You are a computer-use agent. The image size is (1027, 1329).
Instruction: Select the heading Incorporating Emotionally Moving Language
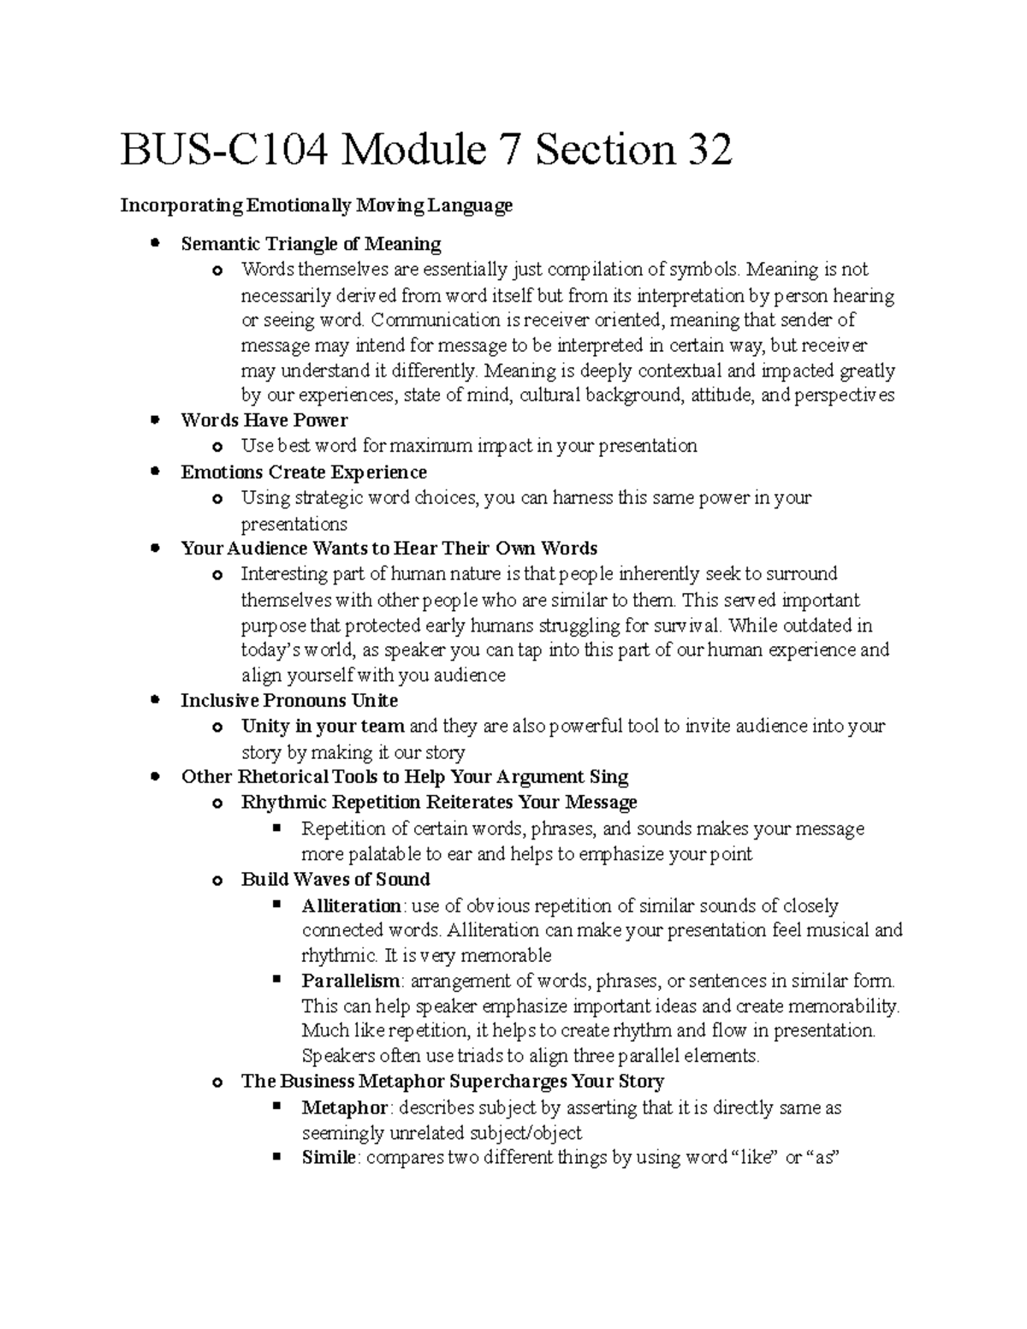pyautogui.click(x=316, y=205)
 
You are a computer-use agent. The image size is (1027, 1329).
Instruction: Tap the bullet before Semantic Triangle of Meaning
pyautogui.click(x=155, y=244)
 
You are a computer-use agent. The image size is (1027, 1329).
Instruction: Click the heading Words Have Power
pyautogui.click(x=264, y=420)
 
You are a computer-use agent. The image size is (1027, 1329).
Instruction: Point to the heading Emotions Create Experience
pyautogui.click(x=303, y=472)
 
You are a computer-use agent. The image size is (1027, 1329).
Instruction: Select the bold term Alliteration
pyautogui.click(x=351, y=905)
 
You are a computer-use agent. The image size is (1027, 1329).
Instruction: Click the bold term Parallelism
pyautogui.click(x=350, y=981)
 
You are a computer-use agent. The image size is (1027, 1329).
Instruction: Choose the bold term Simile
pyautogui.click(x=328, y=1158)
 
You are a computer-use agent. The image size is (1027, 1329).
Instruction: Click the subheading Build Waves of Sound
pyautogui.click(x=335, y=880)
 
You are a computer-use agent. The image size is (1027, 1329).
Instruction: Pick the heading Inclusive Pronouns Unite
pyautogui.click(x=289, y=701)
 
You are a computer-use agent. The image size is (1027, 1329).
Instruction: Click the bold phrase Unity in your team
pyautogui.click(x=323, y=727)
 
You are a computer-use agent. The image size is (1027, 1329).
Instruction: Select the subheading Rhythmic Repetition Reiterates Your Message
pyautogui.click(x=439, y=803)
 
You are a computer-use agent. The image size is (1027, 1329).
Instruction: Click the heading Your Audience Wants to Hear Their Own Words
pyautogui.click(x=389, y=549)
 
